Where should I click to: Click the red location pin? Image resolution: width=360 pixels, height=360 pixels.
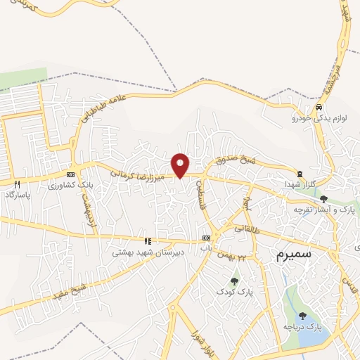(x=181, y=165)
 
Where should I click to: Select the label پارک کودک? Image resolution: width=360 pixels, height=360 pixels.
(x=234, y=291)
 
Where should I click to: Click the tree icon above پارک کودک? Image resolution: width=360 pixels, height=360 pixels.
(x=234, y=281)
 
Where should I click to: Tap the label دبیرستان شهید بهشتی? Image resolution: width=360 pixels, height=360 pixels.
(x=148, y=251)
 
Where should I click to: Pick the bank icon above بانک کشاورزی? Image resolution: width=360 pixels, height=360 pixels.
(x=70, y=174)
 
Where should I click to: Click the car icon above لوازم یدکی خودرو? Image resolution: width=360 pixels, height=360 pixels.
(x=319, y=108)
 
